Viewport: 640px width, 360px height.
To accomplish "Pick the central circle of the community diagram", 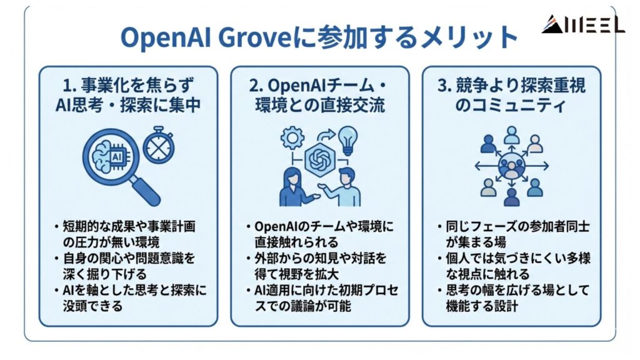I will click(x=512, y=166).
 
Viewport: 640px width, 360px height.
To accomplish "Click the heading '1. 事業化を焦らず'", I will click(x=128, y=85).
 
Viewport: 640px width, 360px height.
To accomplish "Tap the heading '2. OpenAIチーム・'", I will click(x=319, y=85).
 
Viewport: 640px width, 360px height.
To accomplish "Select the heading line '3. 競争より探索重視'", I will click(x=512, y=85).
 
